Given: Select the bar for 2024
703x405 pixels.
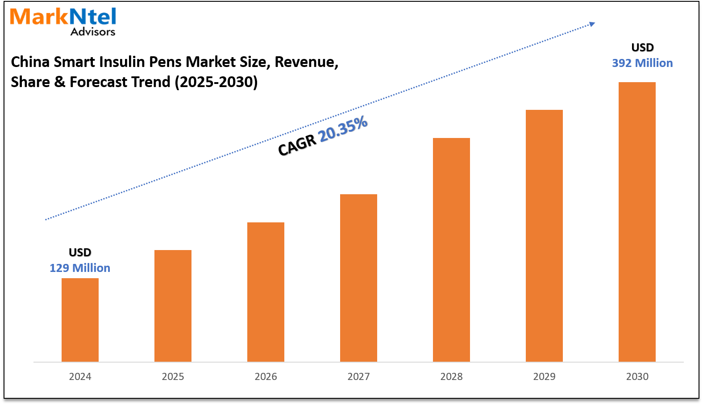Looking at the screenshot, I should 80,320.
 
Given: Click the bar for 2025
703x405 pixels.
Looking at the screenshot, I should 173,306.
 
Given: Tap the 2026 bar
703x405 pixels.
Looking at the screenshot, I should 266,292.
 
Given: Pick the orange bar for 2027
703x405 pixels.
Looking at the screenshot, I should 358,278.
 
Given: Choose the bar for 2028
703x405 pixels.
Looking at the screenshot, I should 451,250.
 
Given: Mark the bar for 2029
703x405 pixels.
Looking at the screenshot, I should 544,236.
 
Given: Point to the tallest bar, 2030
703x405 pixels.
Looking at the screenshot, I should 637,222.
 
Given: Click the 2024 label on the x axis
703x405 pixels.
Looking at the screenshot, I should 80,376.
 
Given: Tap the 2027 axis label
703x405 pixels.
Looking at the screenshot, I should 358,376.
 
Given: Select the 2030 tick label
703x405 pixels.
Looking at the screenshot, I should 637,376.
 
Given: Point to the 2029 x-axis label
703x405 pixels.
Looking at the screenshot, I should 544,376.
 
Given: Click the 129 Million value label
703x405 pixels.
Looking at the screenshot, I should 80,268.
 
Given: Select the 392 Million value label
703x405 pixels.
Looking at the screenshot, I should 642,63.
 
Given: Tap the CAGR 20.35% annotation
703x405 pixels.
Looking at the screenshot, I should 323,136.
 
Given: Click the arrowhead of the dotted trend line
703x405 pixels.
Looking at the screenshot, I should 592,24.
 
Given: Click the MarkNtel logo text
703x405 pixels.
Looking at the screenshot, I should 63,17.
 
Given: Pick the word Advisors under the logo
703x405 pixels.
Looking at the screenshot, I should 93,32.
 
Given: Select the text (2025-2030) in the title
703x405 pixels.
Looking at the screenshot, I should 216,82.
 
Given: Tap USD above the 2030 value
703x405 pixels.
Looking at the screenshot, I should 642,47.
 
